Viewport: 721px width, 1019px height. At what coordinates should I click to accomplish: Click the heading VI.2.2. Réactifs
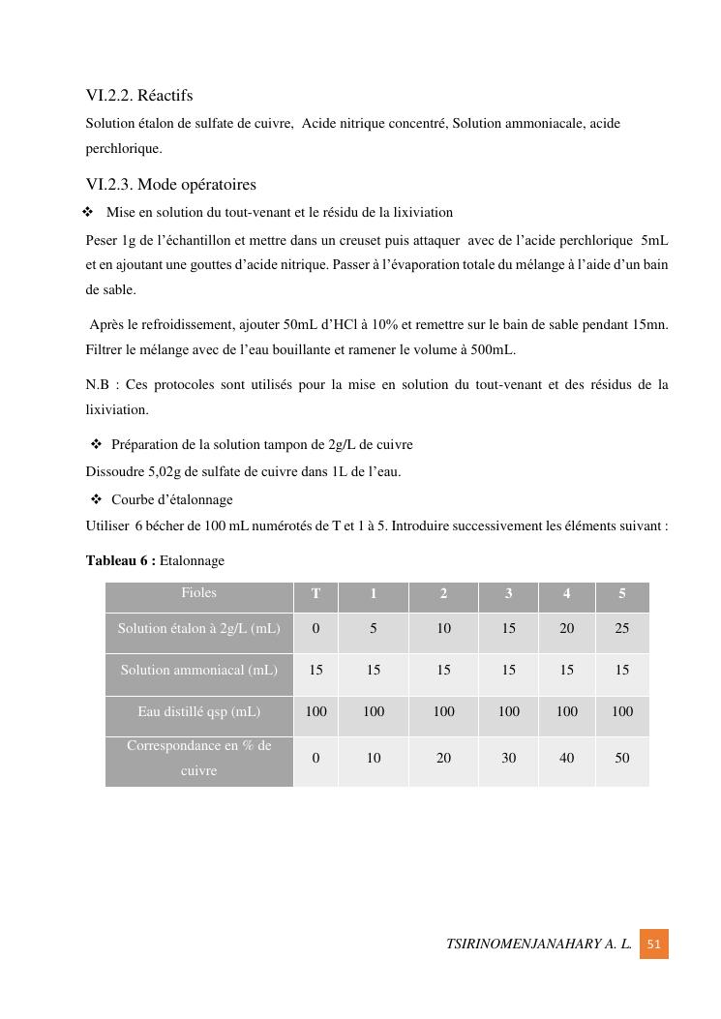139,96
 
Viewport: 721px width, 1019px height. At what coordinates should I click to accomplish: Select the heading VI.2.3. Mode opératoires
170,185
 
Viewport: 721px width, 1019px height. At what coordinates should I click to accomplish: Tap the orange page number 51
653,944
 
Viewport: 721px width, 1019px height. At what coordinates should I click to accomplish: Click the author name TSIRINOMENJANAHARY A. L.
539,944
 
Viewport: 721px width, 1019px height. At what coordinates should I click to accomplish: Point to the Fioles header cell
198,593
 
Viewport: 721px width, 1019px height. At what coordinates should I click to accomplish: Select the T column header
315,594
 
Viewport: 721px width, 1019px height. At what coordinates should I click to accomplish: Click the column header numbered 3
508,594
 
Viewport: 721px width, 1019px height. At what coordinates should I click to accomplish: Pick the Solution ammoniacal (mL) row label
198,670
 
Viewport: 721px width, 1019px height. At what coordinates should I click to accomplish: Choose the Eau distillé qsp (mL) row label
198,711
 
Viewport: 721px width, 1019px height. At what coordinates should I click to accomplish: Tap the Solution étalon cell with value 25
621,628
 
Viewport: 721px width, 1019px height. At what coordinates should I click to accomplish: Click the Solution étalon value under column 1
374,628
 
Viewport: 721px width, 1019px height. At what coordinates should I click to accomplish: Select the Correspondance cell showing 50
621,759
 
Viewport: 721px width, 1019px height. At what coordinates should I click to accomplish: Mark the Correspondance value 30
508,759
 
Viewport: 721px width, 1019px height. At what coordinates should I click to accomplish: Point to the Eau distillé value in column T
315,711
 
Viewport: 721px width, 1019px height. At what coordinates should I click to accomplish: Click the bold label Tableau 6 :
120,561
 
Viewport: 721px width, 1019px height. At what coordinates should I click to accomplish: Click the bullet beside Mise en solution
88,212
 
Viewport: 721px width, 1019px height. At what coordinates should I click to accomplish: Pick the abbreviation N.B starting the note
97,385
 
